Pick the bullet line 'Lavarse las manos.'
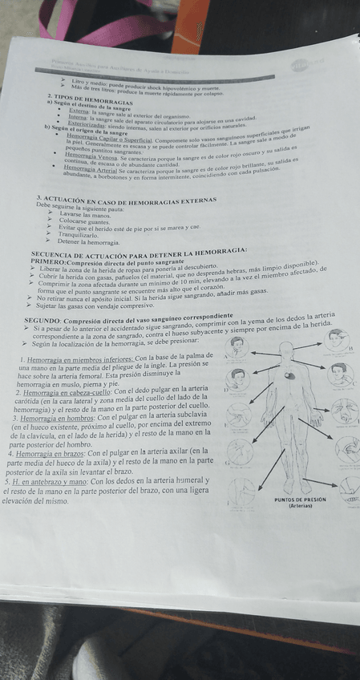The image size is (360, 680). [x=84, y=215]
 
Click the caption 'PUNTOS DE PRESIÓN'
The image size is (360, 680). [x=301, y=499]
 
